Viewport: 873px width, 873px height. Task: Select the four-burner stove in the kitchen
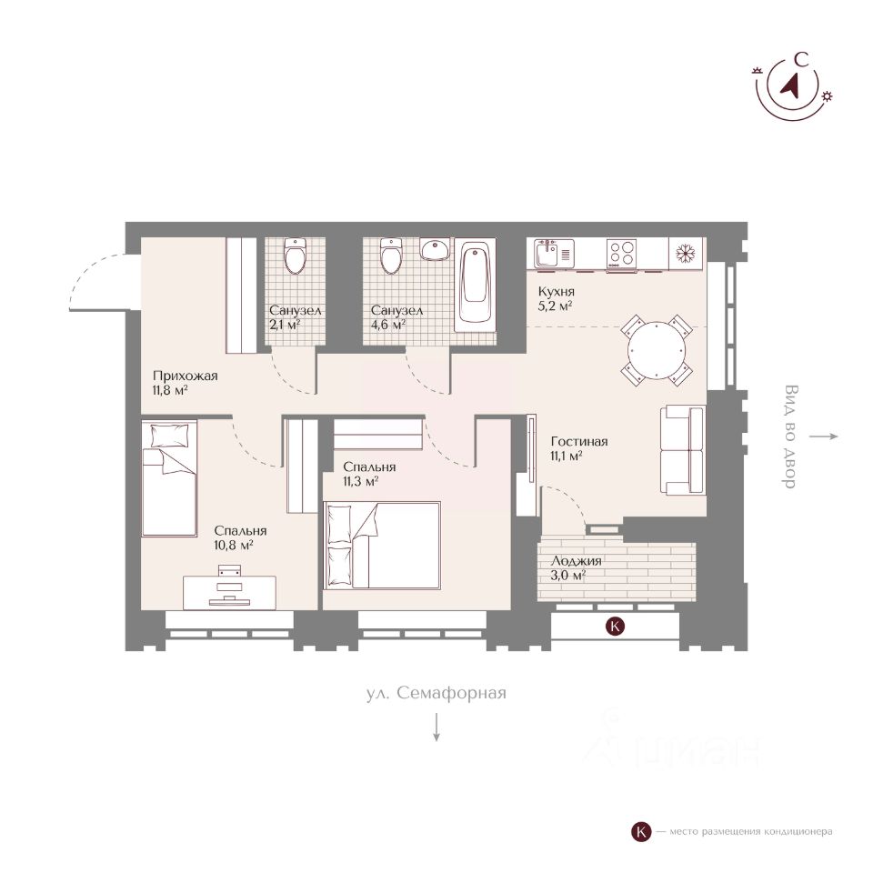point(621,254)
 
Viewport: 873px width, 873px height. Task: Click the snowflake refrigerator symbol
point(686,254)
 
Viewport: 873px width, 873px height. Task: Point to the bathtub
point(475,284)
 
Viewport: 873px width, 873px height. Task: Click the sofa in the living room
point(683,450)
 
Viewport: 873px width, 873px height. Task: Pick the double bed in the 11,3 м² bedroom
point(384,545)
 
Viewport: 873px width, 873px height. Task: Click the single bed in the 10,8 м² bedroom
point(169,478)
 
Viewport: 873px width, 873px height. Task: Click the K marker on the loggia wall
point(615,626)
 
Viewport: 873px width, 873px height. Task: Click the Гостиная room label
point(579,442)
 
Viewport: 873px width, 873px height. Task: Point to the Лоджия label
point(576,561)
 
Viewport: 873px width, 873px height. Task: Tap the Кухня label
point(557,292)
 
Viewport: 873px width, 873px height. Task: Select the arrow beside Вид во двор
point(824,436)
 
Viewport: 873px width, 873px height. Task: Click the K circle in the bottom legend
point(641,832)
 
